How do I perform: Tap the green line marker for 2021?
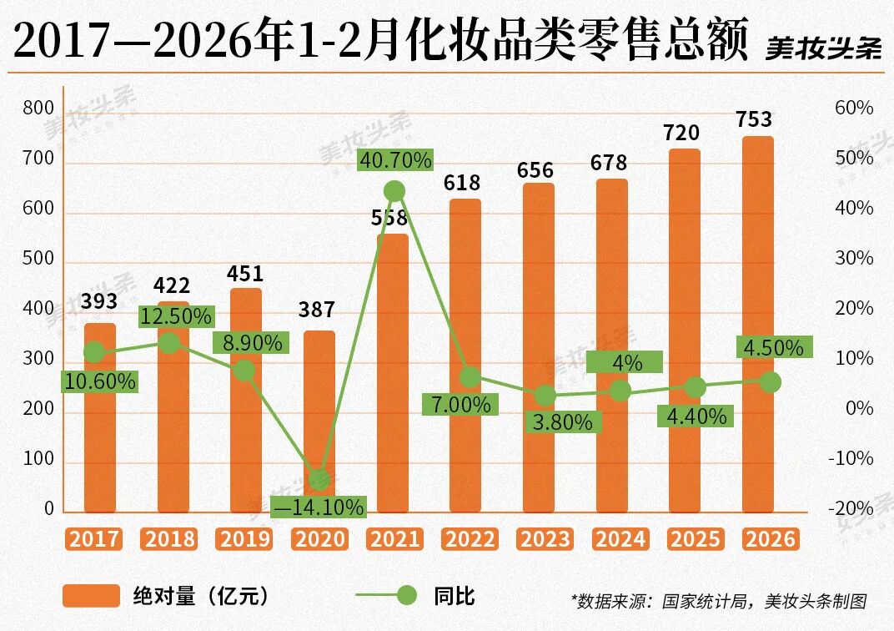395,191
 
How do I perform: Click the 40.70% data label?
395,159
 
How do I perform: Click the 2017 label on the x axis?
94,538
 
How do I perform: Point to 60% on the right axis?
854,109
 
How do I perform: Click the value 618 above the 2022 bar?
461,183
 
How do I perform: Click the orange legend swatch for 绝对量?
91,595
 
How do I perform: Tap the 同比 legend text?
454,595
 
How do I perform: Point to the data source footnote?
719,600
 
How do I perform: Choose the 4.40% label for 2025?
696,415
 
